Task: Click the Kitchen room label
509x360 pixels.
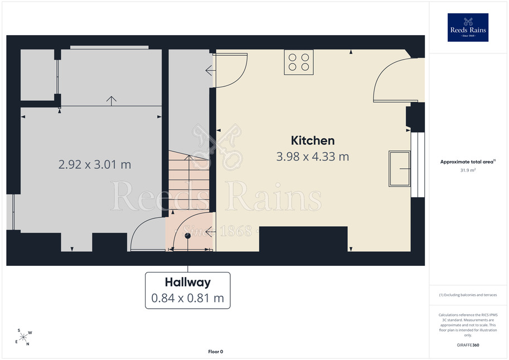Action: click(x=313, y=140)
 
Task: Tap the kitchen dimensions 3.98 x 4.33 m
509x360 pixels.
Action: click(x=313, y=157)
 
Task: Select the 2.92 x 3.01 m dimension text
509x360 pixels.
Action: click(x=95, y=164)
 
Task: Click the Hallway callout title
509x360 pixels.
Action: click(x=188, y=282)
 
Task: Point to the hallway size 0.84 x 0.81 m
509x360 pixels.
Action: click(x=188, y=298)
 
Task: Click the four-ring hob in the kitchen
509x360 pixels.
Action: click(x=299, y=62)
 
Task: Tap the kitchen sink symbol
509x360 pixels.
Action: click(x=400, y=169)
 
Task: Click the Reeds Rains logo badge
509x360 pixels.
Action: click(x=468, y=28)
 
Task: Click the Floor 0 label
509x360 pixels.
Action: click(x=216, y=352)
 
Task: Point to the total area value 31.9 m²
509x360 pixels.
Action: click(x=468, y=170)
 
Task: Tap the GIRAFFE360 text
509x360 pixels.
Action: click(x=468, y=345)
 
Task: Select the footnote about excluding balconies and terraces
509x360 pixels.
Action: click(x=468, y=295)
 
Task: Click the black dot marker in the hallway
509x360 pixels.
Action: click(x=188, y=236)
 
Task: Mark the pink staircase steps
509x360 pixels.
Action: click(x=189, y=179)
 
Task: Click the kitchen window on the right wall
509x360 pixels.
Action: click(x=418, y=164)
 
